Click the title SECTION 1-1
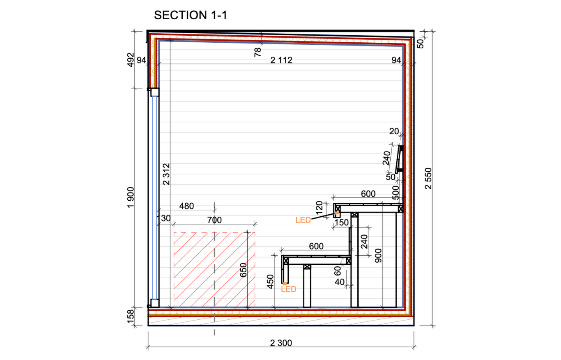pos(190,15)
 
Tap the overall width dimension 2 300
pos(281,343)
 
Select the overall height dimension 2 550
pos(428,179)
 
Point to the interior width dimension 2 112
pos(281,60)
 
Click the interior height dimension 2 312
pos(166,174)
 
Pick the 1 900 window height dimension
pos(131,197)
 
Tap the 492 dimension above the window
pos(131,60)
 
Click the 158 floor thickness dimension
pos(131,316)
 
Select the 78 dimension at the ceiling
pos(258,52)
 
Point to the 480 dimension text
pos(186,206)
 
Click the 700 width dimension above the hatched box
pos(214,220)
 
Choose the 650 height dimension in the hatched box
pos(243,270)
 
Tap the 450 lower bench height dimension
pos(270,282)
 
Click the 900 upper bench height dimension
pos(378,256)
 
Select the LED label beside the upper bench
pos(303,220)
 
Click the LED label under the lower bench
pos(289,289)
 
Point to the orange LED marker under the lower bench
pos(285,284)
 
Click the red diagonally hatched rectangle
pos(214,270)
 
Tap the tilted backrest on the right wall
pos(399,159)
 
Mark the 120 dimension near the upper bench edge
pos(319,208)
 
